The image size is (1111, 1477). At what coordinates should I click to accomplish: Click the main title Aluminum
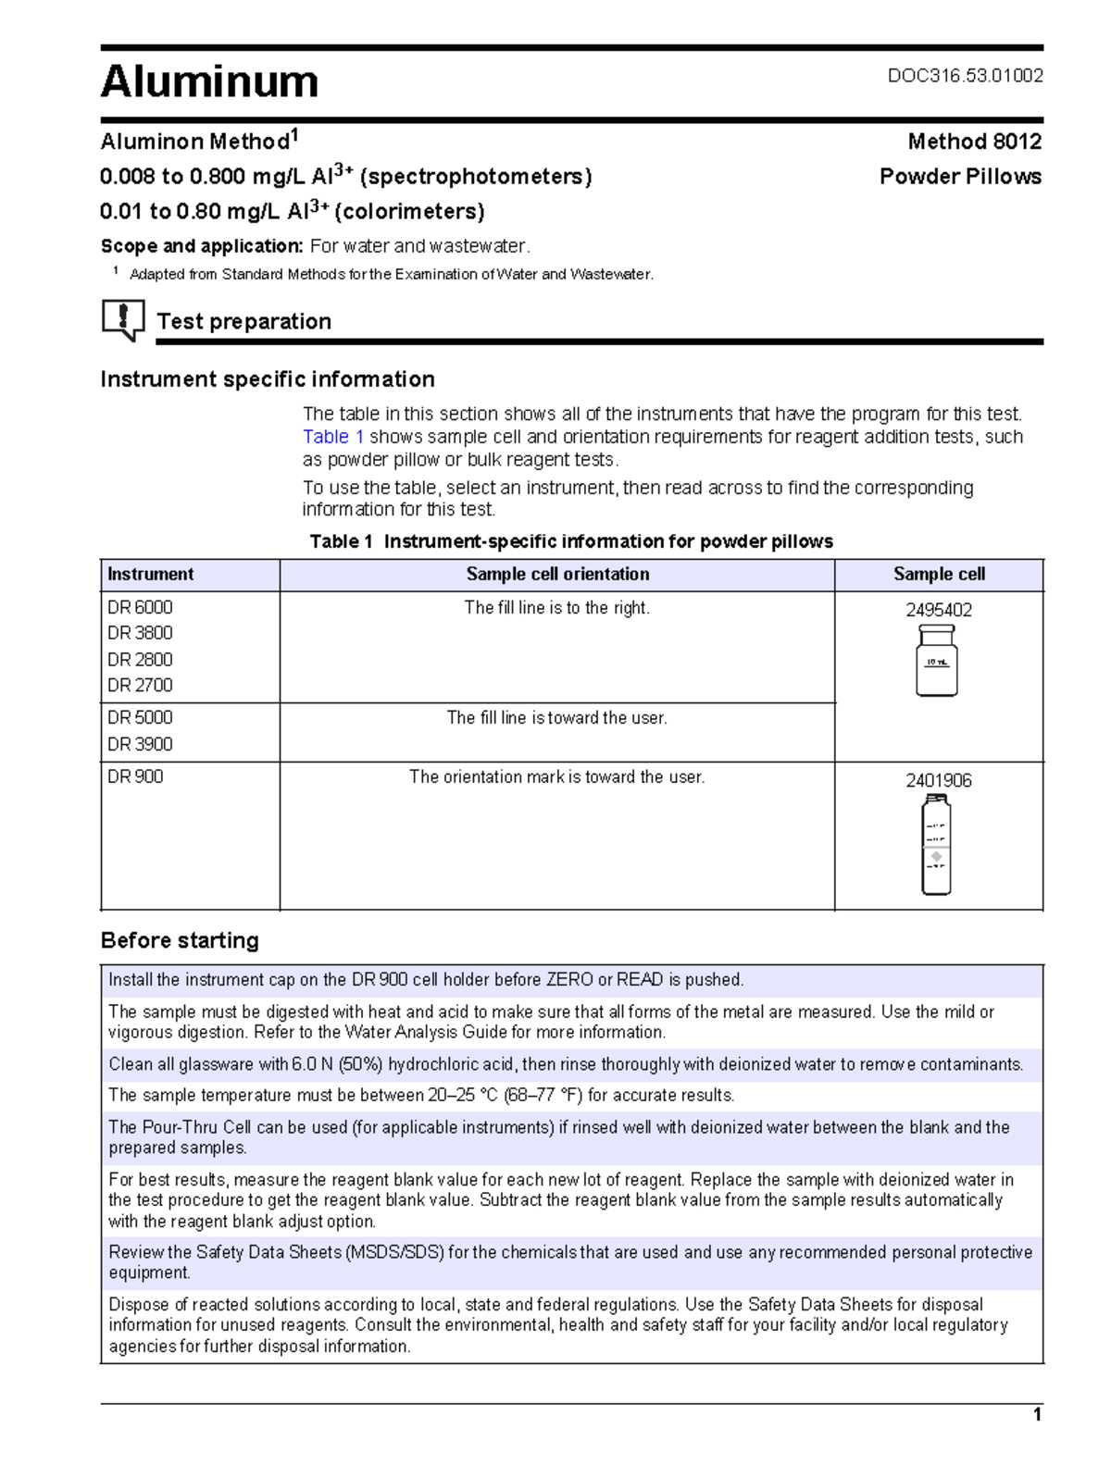(x=209, y=81)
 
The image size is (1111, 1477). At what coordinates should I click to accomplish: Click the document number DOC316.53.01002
(x=965, y=76)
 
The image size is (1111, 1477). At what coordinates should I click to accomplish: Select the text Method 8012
(x=974, y=142)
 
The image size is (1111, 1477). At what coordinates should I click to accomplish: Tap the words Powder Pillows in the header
(x=960, y=177)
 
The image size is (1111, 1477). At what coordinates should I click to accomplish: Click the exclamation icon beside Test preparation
(x=122, y=319)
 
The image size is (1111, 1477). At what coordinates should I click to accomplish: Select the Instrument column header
(x=151, y=574)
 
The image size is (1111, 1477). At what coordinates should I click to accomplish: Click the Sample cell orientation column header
(x=557, y=574)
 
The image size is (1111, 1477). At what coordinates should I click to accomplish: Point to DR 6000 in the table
(x=140, y=607)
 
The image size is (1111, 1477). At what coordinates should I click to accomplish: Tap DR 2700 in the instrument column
(x=140, y=685)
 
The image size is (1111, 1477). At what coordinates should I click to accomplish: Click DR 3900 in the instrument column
(x=140, y=744)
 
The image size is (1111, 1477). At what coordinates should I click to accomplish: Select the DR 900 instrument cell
(x=135, y=776)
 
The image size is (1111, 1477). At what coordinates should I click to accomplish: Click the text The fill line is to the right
(x=556, y=608)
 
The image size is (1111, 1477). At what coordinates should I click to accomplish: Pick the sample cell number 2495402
(x=938, y=610)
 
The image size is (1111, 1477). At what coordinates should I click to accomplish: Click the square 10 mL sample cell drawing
(x=936, y=661)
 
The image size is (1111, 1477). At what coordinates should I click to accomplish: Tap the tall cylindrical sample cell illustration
(x=936, y=845)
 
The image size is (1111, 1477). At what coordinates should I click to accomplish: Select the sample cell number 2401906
(x=938, y=780)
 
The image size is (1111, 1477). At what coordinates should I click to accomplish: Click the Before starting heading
(x=180, y=940)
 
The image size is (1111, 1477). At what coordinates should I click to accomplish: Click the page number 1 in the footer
(x=1037, y=1414)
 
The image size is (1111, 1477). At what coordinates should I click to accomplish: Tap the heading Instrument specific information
(x=268, y=379)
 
